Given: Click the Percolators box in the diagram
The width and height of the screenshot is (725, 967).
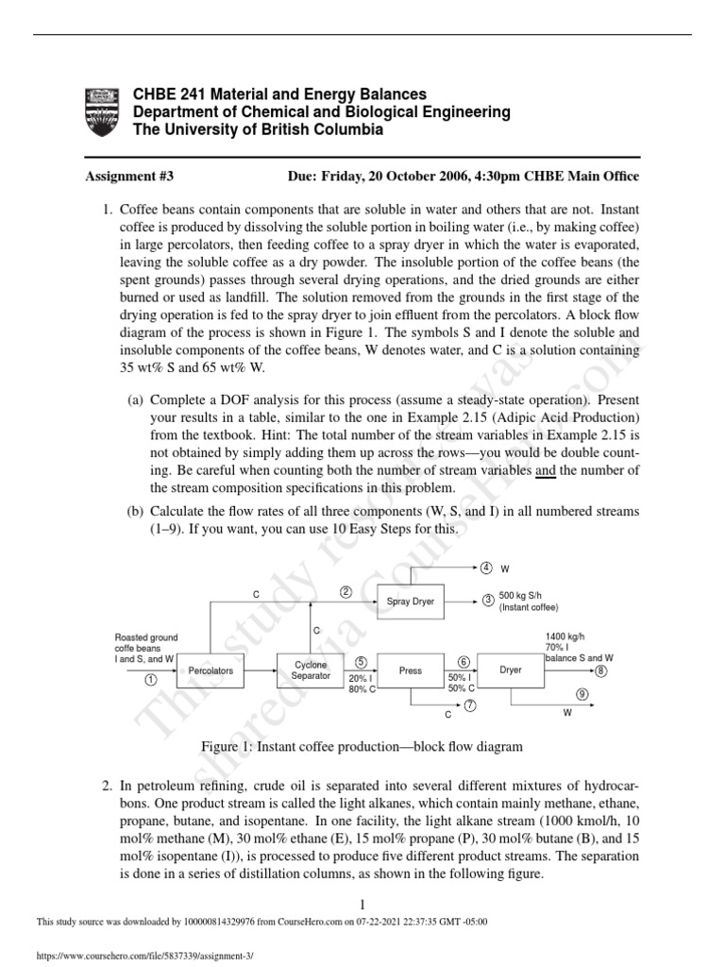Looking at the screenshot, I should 211,670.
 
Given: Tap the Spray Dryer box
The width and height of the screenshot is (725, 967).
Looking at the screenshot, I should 411,602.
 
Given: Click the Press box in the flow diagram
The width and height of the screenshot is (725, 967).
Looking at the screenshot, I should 411,670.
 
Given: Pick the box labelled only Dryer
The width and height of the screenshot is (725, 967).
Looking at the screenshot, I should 510,670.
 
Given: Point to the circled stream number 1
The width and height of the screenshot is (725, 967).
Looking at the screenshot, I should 149,680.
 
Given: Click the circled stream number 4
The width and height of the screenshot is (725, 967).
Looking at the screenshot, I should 486,568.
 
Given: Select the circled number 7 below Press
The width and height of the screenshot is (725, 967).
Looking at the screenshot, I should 469,705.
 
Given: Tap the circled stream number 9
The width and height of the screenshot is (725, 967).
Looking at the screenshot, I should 582,694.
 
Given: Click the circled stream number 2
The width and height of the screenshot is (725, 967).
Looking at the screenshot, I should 346,592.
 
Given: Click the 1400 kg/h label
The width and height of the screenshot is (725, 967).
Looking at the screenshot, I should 564,636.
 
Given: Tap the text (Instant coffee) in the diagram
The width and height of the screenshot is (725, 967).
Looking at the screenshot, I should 529,609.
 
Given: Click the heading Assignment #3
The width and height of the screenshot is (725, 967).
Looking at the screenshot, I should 129,176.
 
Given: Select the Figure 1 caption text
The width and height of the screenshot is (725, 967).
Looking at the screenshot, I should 362,746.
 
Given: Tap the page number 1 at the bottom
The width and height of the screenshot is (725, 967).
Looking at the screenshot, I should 362,904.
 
